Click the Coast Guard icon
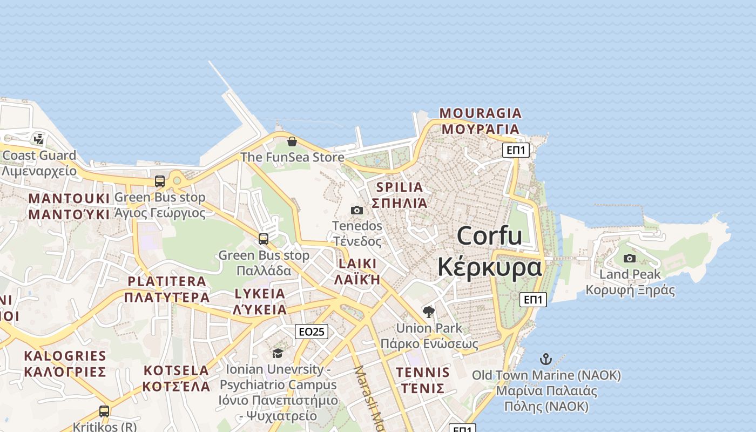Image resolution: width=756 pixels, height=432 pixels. tap(38, 139)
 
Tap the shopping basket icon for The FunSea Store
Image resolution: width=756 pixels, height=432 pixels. tap(292, 141)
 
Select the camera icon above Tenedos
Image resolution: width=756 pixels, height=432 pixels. tap(357, 210)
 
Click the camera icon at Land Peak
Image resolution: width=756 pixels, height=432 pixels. tap(630, 258)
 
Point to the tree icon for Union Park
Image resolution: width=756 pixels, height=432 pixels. tap(429, 312)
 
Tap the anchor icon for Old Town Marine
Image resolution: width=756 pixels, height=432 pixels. tap(546, 359)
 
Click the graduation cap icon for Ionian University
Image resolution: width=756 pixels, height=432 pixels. tap(278, 353)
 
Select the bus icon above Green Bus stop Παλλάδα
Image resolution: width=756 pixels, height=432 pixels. tap(264, 239)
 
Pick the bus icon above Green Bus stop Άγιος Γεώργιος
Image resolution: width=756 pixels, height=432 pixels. tap(160, 181)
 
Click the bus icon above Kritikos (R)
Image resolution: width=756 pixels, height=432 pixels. tap(104, 411)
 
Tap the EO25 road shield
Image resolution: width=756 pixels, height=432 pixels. tap(312, 332)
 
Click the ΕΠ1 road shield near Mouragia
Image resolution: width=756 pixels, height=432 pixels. tap(516, 150)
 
